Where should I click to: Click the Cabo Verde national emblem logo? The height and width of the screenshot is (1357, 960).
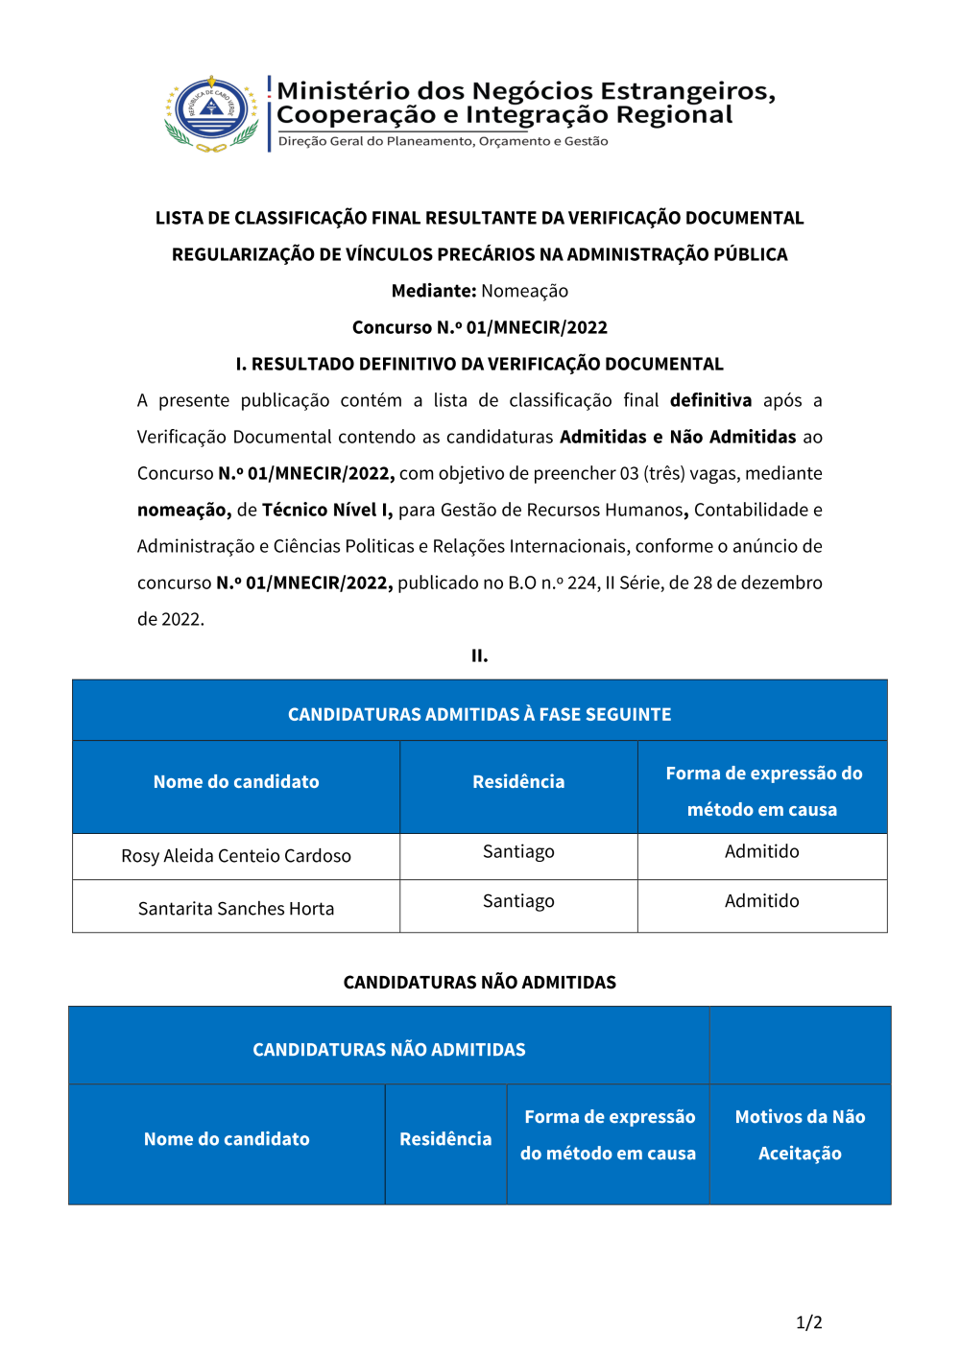pos(212,114)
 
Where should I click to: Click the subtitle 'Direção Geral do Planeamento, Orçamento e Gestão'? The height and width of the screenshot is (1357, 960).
pos(443,141)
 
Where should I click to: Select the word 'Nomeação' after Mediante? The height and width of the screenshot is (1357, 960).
pos(524,291)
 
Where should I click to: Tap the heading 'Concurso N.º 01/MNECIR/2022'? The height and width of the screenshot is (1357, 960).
pos(479,327)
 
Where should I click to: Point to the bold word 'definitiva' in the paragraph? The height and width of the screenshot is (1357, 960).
pos(710,400)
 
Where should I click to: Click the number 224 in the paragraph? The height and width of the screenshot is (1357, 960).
pos(583,583)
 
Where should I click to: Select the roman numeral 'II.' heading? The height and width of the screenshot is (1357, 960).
pos(479,655)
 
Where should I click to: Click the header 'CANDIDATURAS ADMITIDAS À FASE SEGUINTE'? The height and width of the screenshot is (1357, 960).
pos(479,714)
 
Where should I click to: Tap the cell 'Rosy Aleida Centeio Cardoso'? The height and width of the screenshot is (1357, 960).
pos(236,856)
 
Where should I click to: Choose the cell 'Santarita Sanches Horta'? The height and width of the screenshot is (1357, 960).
pos(236,909)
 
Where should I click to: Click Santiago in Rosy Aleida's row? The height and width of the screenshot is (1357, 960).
pos(518,851)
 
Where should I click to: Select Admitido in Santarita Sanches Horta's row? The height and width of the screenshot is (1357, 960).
pos(761,901)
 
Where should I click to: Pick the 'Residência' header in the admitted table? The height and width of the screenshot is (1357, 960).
pos(518,782)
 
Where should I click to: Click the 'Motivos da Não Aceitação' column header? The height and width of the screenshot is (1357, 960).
pos(800,1135)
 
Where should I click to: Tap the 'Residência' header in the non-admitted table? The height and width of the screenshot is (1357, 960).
pos(445,1139)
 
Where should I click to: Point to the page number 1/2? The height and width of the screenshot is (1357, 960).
pos(808,1322)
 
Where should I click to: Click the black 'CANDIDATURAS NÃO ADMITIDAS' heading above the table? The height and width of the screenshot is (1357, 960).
pos(479,982)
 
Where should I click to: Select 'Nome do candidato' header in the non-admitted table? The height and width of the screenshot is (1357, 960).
pos(227,1139)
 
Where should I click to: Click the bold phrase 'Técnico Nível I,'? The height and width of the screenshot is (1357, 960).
pos(327,510)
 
